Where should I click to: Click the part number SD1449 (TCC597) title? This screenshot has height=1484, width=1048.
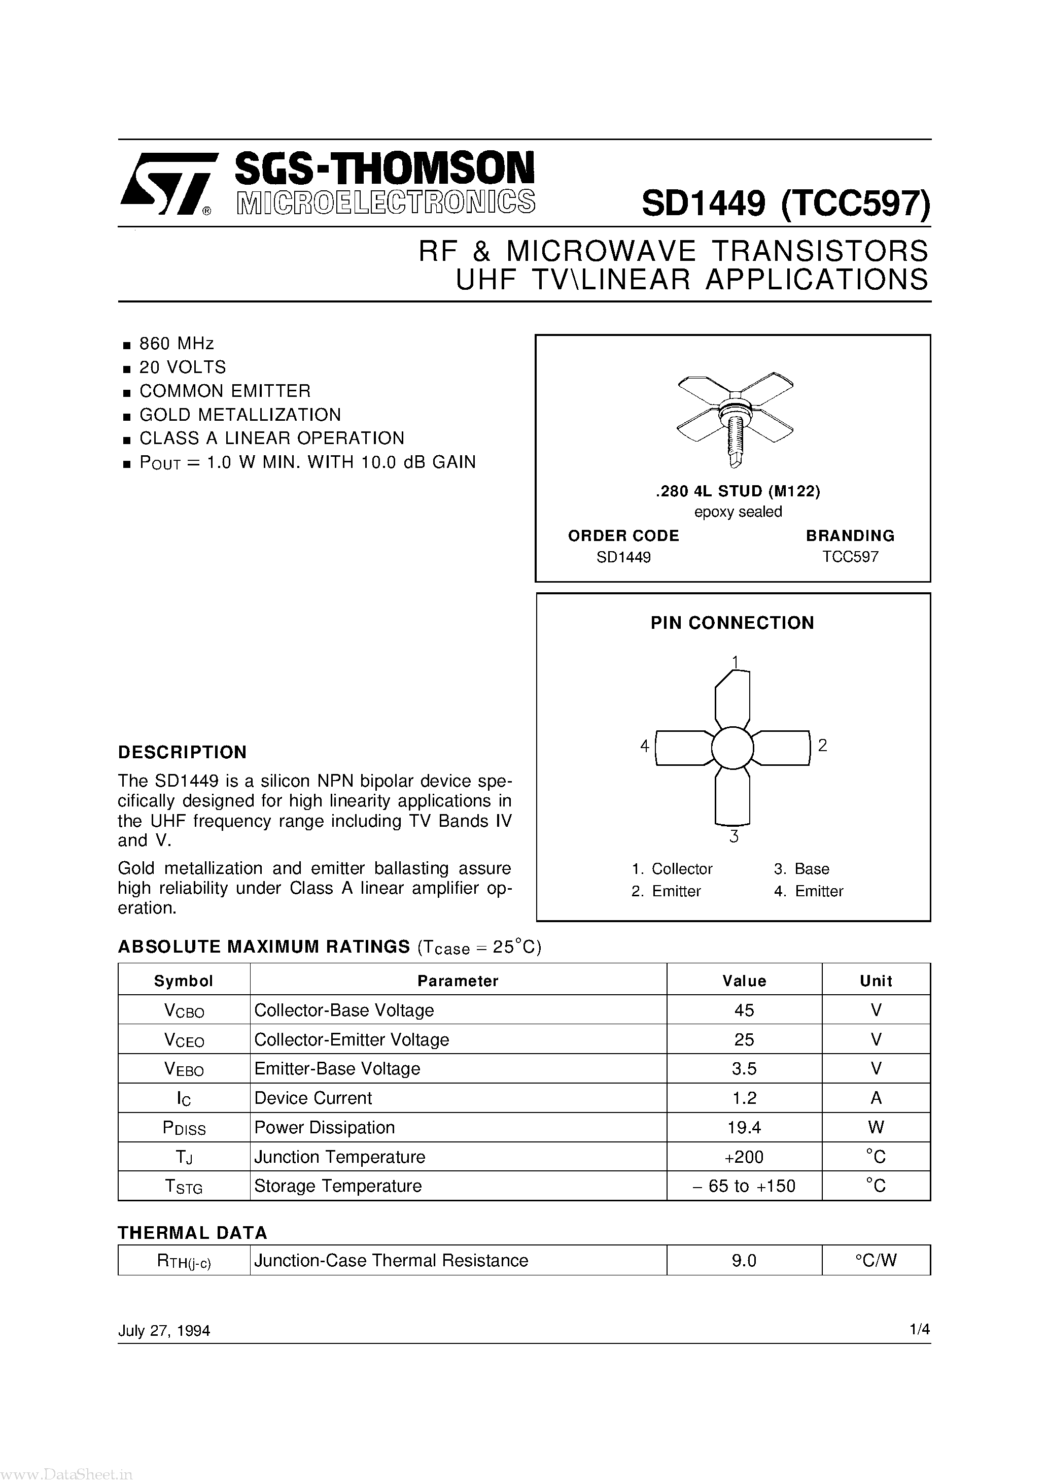(x=785, y=204)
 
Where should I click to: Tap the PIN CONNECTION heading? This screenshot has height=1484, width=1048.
(x=732, y=623)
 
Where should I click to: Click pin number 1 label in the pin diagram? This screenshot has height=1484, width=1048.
(x=735, y=662)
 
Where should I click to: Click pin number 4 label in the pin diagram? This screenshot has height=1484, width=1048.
(x=644, y=747)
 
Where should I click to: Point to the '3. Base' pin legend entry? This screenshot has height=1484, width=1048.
(x=801, y=869)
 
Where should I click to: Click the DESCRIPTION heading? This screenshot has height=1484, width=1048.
(x=182, y=752)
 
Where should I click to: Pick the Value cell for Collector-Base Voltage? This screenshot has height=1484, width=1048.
(x=744, y=1010)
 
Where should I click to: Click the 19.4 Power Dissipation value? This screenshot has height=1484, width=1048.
(x=744, y=1128)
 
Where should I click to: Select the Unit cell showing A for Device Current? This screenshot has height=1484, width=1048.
(x=876, y=1098)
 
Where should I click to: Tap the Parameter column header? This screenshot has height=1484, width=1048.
(x=458, y=981)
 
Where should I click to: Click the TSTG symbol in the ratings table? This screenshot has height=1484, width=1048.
(x=184, y=1187)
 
